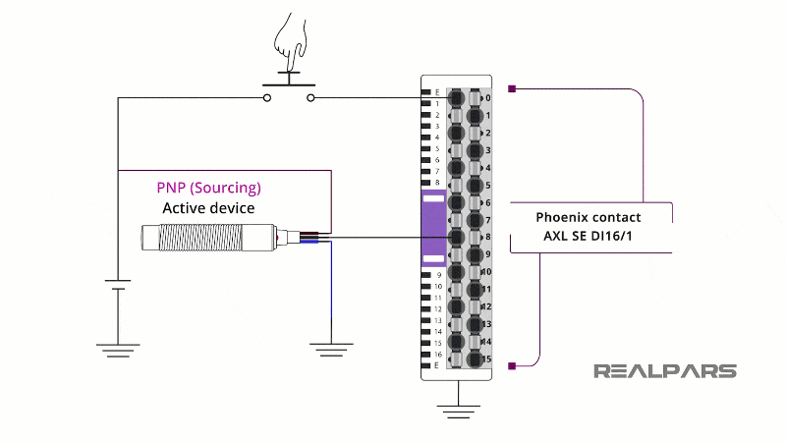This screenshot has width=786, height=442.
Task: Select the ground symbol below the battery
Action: pyautogui.click(x=118, y=346)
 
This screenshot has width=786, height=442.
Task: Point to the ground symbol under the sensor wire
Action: pyautogui.click(x=331, y=346)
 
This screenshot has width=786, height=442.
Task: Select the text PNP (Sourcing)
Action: pyautogui.click(x=208, y=188)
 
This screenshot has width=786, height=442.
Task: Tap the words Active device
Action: pyautogui.click(x=208, y=208)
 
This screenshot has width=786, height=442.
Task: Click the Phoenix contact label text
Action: pyautogui.click(x=589, y=217)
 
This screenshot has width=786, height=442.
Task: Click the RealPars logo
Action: pyautogui.click(x=664, y=371)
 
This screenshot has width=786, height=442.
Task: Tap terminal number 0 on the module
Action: pyautogui.click(x=487, y=98)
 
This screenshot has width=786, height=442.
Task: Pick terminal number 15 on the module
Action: pyautogui.click(x=486, y=359)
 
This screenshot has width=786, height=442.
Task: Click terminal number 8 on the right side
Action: pyautogui.click(x=487, y=237)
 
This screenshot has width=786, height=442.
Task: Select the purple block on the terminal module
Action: pyautogui.click(x=433, y=229)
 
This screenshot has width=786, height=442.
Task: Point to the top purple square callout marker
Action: pyautogui.click(x=512, y=89)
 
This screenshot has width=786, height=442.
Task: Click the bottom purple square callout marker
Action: pyautogui.click(x=512, y=366)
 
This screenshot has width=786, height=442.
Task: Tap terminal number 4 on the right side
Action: pyautogui.click(x=487, y=167)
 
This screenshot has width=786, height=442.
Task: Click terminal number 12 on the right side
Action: pyautogui.click(x=486, y=306)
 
